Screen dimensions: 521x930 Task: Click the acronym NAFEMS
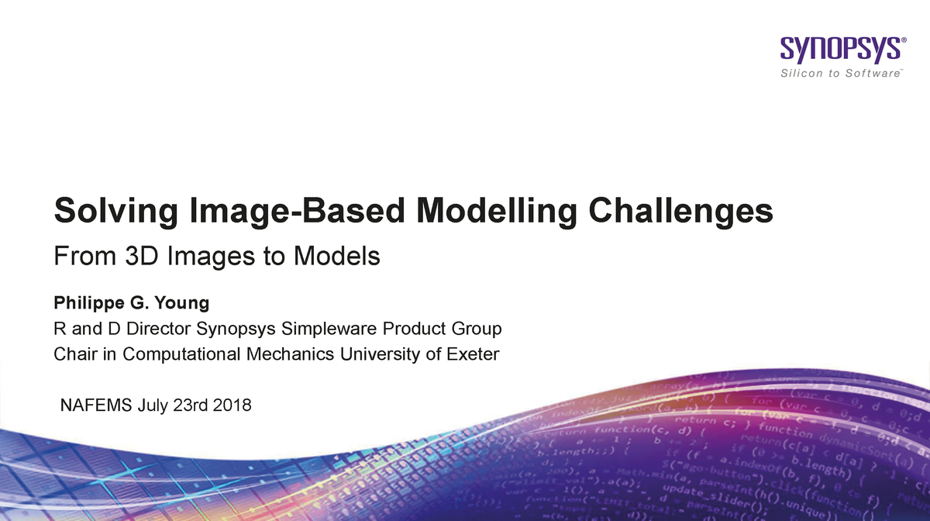click(96, 405)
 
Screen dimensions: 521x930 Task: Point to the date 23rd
click(191, 405)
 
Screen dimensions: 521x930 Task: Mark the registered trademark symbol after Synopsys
click(904, 43)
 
